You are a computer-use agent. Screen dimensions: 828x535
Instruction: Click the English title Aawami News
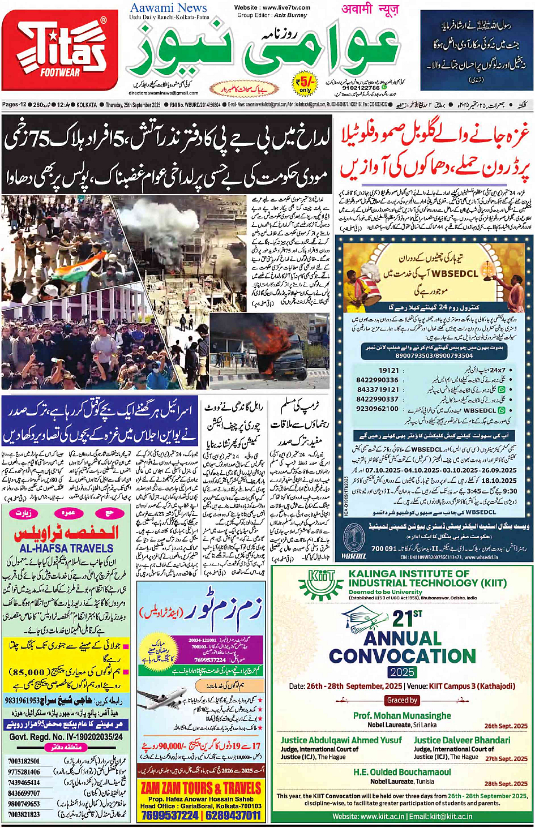[x=168, y=8]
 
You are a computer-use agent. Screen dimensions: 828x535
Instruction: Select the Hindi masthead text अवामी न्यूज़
[x=370, y=9]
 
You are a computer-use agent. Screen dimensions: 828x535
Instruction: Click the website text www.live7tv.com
[x=272, y=7]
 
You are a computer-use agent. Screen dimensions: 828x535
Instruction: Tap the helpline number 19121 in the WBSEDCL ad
[x=389, y=371]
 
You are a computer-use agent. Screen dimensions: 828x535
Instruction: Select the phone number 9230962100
[x=377, y=409]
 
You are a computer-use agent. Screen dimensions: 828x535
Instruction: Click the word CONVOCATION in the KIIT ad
[x=403, y=657]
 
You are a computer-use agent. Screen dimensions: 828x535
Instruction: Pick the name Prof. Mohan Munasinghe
[x=402, y=715]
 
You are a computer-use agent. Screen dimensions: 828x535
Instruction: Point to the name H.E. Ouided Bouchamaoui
[x=402, y=772]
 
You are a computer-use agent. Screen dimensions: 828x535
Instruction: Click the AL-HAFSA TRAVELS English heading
[x=66, y=548]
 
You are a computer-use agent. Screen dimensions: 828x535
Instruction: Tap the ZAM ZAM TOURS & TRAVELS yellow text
[x=201, y=788]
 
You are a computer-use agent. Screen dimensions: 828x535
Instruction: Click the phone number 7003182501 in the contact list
[x=24, y=761]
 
